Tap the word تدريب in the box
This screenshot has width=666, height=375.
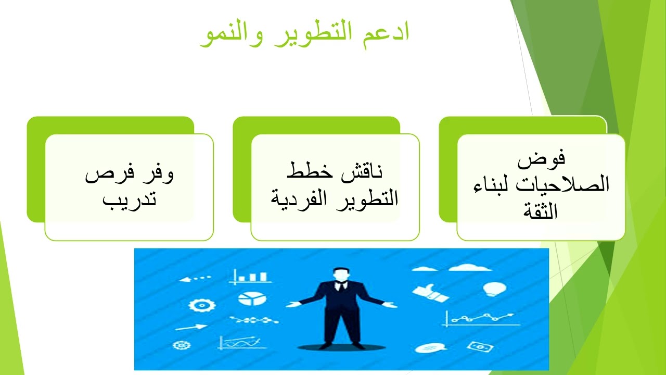[129, 199]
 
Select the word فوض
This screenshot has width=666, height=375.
[542, 158]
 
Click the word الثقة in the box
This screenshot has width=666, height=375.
[542, 211]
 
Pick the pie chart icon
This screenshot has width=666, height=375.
[249, 298]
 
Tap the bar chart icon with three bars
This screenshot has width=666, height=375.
[251, 276]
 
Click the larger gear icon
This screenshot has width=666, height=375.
[198, 305]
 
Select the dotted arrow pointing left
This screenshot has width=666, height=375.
[195, 279]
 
